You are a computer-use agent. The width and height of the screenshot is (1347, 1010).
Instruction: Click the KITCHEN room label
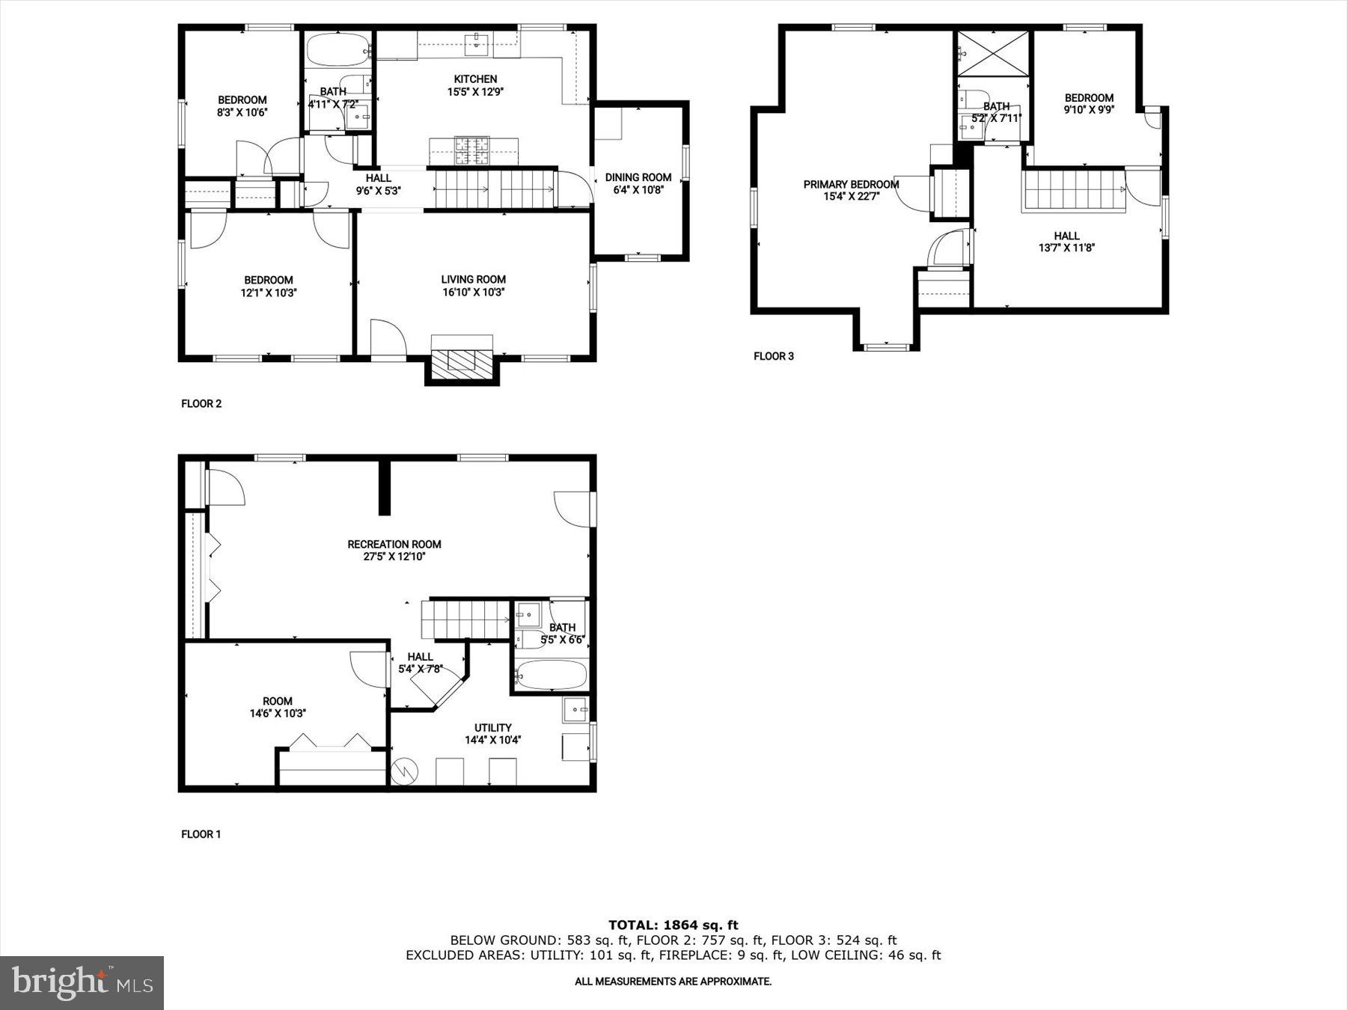point(475,79)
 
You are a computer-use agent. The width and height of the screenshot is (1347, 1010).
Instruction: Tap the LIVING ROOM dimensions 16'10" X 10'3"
point(473,293)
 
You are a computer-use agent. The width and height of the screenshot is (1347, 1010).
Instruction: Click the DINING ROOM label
point(638,177)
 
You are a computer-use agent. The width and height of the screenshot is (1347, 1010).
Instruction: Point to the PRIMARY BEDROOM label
point(851,184)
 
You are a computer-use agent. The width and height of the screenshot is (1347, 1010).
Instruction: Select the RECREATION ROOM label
point(394,544)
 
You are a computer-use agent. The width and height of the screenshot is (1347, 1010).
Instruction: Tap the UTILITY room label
point(492,727)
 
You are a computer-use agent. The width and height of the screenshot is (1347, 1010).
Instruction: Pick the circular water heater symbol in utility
point(404,771)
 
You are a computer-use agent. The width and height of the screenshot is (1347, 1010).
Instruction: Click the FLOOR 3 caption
point(773,356)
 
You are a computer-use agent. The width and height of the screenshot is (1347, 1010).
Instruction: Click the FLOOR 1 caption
point(201,834)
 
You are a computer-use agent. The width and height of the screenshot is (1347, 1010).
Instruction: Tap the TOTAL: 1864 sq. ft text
point(673,925)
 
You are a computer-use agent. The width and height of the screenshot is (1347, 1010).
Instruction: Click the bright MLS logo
point(82,982)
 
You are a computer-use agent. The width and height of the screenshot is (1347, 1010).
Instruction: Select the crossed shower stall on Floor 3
point(994,53)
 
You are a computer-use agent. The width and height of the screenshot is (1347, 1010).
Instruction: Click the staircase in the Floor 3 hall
point(1073,191)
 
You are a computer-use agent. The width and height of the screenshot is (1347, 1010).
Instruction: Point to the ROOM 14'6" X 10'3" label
point(277,707)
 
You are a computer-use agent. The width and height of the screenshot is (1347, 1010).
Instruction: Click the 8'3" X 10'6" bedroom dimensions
point(242,112)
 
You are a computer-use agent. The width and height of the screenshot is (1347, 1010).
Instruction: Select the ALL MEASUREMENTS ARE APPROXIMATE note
point(673,982)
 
